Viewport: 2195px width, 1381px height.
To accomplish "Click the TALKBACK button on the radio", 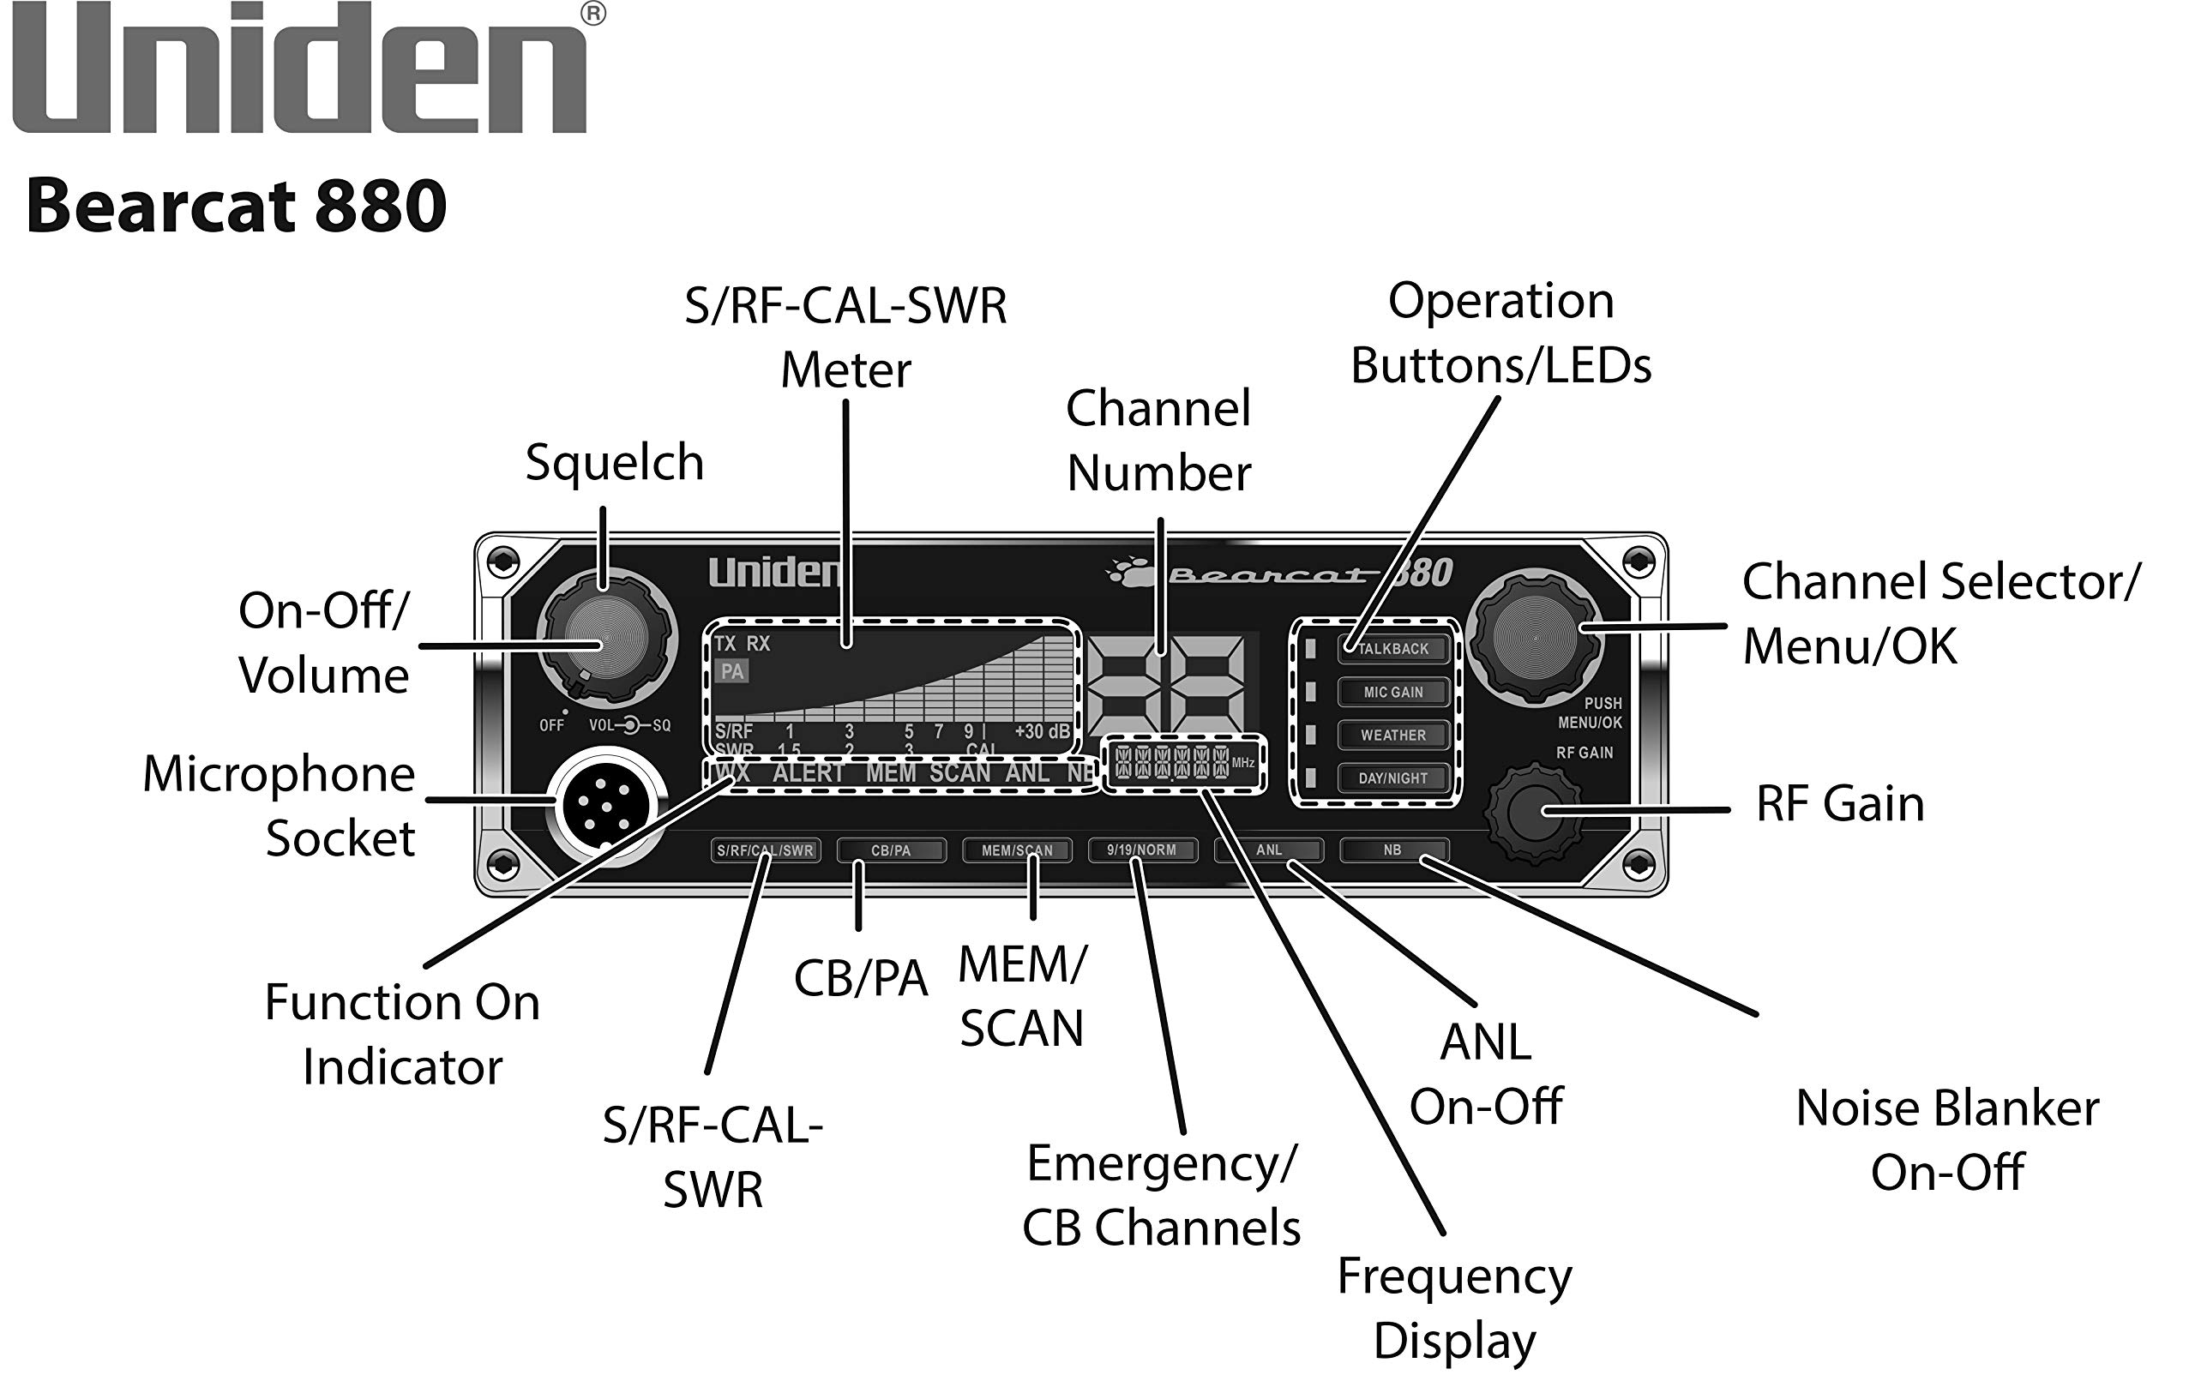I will pyautogui.click(x=1392, y=648).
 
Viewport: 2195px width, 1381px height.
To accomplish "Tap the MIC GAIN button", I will pyautogui.click(x=1392, y=692).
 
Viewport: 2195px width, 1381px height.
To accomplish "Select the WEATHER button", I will pyautogui.click(x=1392, y=735).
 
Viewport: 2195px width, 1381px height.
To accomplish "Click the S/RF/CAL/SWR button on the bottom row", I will pyautogui.click(x=765, y=850).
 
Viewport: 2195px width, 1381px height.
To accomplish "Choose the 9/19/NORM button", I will pyautogui.click(x=1141, y=850).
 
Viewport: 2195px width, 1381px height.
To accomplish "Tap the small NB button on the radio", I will pyautogui.click(x=1392, y=850).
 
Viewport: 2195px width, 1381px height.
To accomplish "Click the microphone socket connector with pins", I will pyautogui.click(x=606, y=806).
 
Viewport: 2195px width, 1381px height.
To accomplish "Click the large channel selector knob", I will pyautogui.click(x=1535, y=637).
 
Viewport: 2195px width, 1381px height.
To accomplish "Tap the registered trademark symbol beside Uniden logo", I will pyautogui.click(x=592, y=14).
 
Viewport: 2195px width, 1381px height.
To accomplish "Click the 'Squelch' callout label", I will pyautogui.click(x=615, y=462).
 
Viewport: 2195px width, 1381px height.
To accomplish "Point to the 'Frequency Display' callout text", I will pyautogui.click(x=1454, y=1308).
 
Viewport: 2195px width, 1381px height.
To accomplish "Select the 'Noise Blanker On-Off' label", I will pyautogui.click(x=1947, y=1139).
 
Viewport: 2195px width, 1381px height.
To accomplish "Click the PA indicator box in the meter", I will pyautogui.click(x=732, y=672).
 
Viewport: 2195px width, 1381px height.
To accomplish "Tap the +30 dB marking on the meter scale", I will pyautogui.click(x=1041, y=731).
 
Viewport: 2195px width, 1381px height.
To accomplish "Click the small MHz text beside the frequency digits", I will pyautogui.click(x=1242, y=762).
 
